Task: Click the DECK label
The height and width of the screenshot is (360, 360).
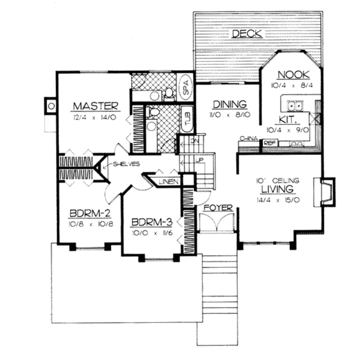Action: click(247, 34)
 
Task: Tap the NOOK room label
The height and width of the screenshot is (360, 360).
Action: click(294, 75)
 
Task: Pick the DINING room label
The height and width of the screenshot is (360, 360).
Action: click(230, 104)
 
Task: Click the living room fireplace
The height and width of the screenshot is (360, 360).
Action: click(325, 192)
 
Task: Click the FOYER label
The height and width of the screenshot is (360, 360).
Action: click(218, 208)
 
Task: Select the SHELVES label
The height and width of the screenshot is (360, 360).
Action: click(127, 164)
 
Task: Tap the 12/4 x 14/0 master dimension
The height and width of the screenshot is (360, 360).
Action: click(94, 117)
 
